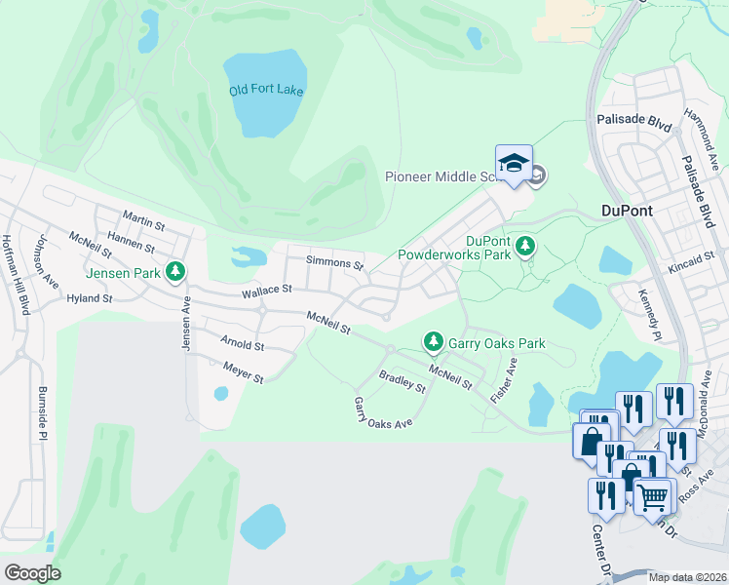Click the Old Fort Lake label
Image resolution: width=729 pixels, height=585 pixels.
tap(266, 91)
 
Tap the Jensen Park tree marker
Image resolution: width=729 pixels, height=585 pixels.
tap(175, 272)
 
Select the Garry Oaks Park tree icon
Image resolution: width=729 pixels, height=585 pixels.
tap(433, 342)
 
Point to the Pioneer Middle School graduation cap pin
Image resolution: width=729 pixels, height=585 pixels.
tap(514, 163)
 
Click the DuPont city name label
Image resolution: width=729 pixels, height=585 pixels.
tap(626, 211)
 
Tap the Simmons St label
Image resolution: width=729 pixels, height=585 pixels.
tap(334, 263)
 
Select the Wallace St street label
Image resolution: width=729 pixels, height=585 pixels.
tap(267, 290)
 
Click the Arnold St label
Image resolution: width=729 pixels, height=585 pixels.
tap(242, 345)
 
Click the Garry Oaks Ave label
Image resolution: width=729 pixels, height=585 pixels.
tap(383, 411)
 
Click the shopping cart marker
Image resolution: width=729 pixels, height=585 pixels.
tap(653, 495)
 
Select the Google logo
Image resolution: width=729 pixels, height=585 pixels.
tap(32, 573)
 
